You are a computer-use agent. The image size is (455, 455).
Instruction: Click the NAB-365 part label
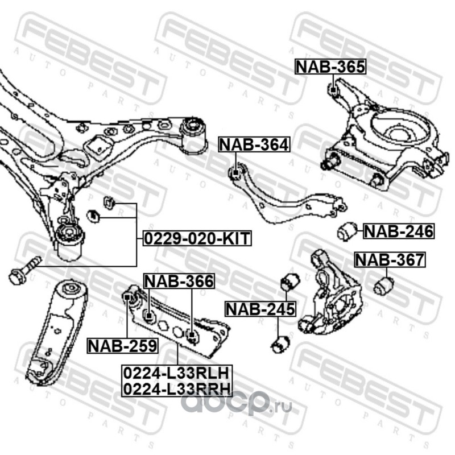click(330, 67)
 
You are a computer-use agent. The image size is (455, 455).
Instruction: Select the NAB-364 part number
click(254, 145)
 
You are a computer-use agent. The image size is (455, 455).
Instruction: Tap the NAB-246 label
click(398, 231)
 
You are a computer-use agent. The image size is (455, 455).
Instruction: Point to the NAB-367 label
click(390, 260)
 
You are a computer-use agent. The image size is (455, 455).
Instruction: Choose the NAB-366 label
click(178, 280)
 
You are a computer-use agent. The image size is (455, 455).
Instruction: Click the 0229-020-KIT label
click(196, 238)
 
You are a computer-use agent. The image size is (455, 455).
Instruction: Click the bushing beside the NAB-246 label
click(346, 231)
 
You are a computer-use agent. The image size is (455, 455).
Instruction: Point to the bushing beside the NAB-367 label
click(384, 283)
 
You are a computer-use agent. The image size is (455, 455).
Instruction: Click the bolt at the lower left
click(23, 271)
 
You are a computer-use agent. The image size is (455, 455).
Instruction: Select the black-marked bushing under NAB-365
click(334, 89)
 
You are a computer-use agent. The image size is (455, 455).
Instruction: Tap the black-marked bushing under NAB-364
click(234, 172)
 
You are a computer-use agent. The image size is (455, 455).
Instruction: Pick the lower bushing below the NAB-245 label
click(280, 344)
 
